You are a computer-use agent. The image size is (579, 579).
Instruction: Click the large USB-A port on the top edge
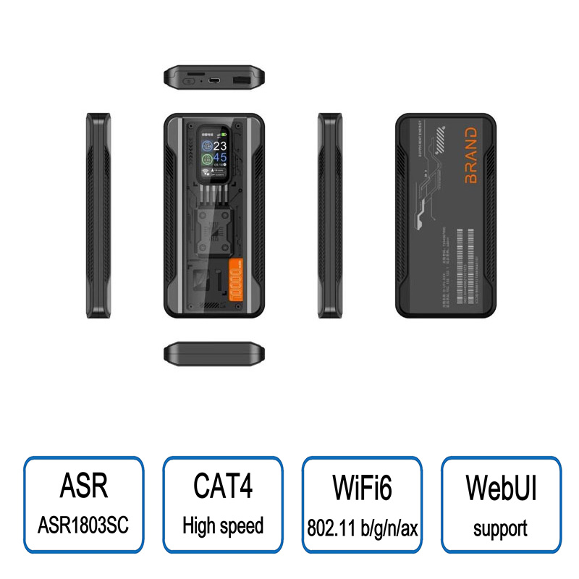tap(241, 80)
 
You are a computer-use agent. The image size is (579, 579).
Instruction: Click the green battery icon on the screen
tap(224, 134)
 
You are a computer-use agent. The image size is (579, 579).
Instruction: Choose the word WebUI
tap(501, 486)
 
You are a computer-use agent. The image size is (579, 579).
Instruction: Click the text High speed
tap(223, 525)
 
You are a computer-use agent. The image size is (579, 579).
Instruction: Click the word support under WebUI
tap(501, 528)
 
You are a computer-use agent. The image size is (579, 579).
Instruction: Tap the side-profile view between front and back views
tap(330, 215)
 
